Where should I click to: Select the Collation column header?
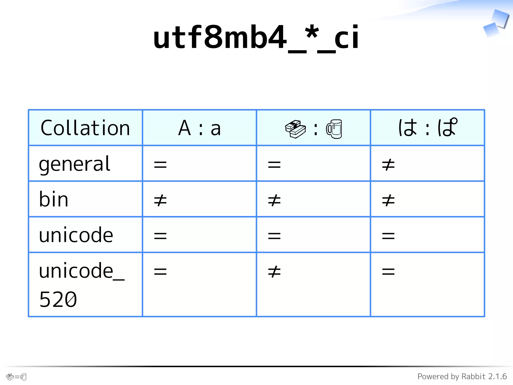[85, 128]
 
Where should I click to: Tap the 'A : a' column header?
[199, 128]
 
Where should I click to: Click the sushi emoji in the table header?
[295, 129]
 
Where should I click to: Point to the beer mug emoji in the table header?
[334, 129]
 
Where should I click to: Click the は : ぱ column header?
[428, 128]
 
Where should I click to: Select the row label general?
[75, 164]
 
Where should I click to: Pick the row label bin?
[54, 200]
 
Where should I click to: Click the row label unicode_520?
[81, 285]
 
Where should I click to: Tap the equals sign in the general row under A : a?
[160, 165]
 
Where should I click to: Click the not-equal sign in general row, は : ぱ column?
[388, 165]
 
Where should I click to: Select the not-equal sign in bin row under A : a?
[160, 201]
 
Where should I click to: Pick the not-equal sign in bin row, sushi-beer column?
[274, 201]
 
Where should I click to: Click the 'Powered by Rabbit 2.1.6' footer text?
[462, 376]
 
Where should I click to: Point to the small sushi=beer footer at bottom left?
[16, 377]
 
